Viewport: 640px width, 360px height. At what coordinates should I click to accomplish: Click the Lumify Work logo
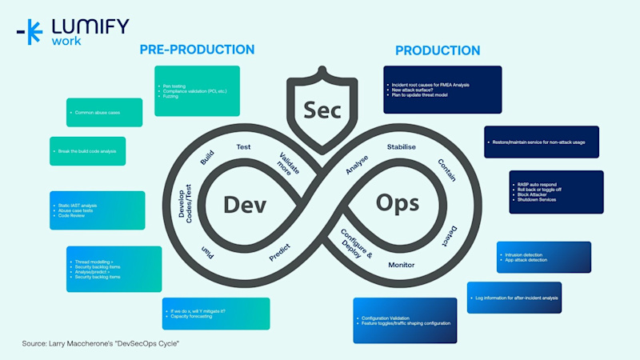(71, 32)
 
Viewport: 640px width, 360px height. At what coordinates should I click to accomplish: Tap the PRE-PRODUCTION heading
(197, 50)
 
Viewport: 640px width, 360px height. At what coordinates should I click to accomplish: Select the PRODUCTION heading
(438, 50)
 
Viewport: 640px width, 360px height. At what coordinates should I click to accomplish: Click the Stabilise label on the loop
(402, 147)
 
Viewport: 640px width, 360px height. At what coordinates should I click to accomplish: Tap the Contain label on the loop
(446, 170)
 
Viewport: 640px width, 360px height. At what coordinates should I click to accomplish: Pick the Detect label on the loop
(449, 234)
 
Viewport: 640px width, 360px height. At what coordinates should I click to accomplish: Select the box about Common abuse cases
(104, 112)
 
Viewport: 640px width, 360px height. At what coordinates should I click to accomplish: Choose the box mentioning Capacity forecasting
(215, 313)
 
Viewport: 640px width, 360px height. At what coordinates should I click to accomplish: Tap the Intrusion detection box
(543, 257)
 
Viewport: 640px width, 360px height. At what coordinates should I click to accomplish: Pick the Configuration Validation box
(405, 320)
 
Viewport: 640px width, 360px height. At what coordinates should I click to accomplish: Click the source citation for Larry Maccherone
(101, 343)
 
